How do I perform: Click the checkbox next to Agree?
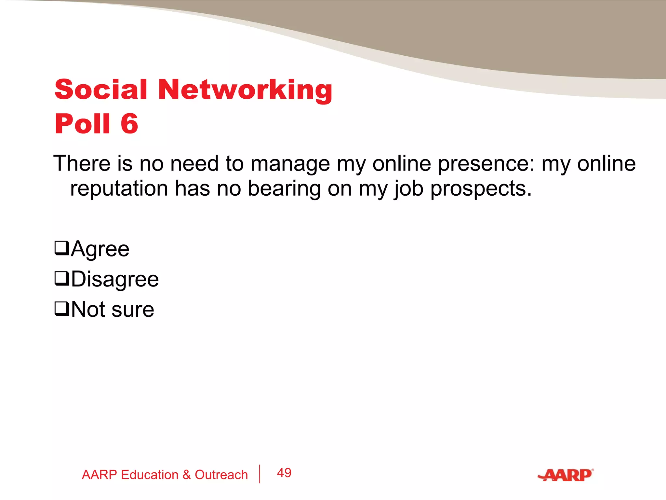pyautogui.click(x=61, y=248)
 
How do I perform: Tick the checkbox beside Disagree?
pyautogui.click(x=61, y=279)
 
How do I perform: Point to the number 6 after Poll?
pyautogui.click(x=129, y=124)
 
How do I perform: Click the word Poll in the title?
pyautogui.click(x=83, y=124)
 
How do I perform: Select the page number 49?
pyautogui.click(x=284, y=473)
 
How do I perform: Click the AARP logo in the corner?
pyautogui.click(x=566, y=475)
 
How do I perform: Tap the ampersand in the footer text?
pyautogui.click(x=186, y=475)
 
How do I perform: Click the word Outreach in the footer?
pyautogui.click(x=221, y=475)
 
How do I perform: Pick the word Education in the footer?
pyautogui.click(x=150, y=475)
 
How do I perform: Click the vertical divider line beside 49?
pyautogui.click(x=260, y=474)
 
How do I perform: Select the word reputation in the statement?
pyautogui.click(x=119, y=188)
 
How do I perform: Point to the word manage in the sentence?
pyautogui.click(x=290, y=164)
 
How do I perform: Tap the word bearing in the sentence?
pyautogui.click(x=284, y=189)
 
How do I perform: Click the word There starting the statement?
pyautogui.click(x=82, y=163)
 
